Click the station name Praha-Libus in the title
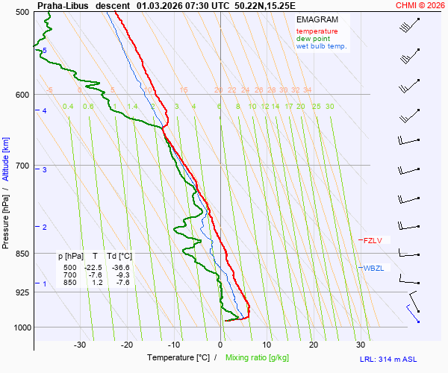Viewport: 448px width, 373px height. [x=62, y=5]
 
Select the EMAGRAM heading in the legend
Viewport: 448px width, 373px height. [x=316, y=19]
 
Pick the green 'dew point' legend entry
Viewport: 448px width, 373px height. [x=313, y=39]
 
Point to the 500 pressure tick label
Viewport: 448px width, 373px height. [x=22, y=13]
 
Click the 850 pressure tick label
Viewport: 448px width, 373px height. [x=22, y=254]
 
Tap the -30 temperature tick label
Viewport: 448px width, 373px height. [x=80, y=345]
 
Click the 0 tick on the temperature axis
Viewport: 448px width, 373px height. [x=220, y=345]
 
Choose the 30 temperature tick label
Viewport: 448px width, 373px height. [x=361, y=345]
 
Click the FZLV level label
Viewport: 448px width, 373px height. [x=373, y=240]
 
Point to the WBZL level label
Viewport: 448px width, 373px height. [x=373, y=268]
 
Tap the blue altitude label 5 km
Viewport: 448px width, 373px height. [x=45, y=51]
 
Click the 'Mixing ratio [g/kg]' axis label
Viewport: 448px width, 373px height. [x=262, y=358]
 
